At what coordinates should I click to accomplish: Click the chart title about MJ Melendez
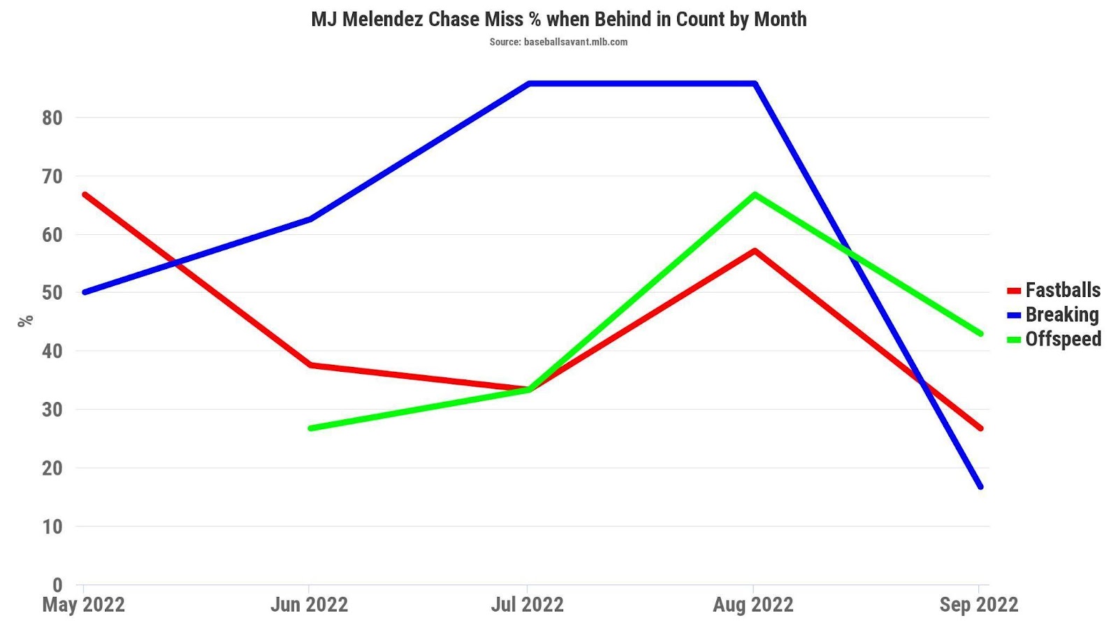[x=558, y=19]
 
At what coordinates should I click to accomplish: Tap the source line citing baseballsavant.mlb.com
[x=558, y=42]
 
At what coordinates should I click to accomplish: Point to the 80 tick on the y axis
[x=52, y=117]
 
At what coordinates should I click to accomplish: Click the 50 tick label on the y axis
[x=52, y=293]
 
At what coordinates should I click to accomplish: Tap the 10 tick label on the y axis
[x=52, y=526]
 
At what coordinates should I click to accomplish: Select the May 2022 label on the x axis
[x=84, y=605]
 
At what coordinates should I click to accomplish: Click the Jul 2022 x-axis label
[x=528, y=605]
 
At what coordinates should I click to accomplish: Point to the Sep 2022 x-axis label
[x=978, y=605]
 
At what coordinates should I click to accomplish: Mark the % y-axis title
[x=26, y=321]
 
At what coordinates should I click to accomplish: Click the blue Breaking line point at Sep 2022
[x=980, y=486]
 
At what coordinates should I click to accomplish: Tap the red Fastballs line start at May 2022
[x=85, y=194]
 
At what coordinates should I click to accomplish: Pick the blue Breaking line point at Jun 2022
[x=310, y=219]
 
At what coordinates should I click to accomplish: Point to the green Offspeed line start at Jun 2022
[x=310, y=428]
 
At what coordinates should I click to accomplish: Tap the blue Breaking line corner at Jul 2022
[x=529, y=84]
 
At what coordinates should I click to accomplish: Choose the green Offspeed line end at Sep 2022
[x=980, y=333]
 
